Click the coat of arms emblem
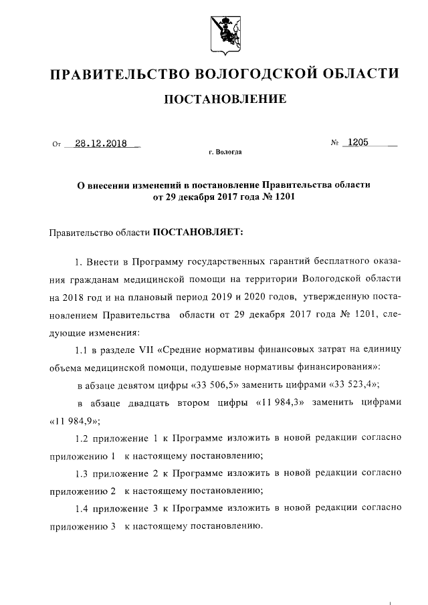pyautogui.click(x=225, y=33)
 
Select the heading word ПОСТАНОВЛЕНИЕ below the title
pyautogui.click(x=225, y=100)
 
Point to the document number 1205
pyautogui.click(x=356, y=142)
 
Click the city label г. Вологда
pyautogui.click(x=225, y=153)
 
